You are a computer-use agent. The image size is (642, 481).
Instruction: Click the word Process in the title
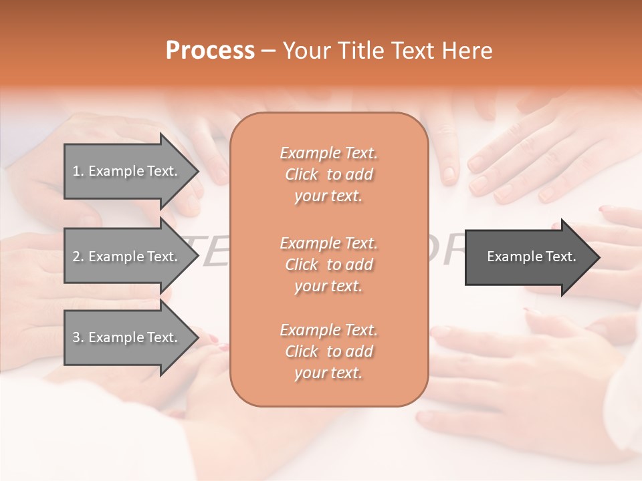click(x=210, y=51)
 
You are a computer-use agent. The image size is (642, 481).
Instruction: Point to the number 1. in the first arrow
click(x=78, y=171)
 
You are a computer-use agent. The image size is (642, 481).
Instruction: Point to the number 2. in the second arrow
click(x=78, y=257)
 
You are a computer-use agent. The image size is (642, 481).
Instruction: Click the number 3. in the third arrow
click(x=78, y=337)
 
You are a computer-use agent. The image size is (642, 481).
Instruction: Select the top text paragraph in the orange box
click(x=328, y=174)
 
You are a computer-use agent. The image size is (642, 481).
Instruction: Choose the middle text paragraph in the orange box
click(x=328, y=265)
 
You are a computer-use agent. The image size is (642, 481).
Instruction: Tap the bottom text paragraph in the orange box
click(x=328, y=351)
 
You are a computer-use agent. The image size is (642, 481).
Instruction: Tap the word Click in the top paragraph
click(x=302, y=174)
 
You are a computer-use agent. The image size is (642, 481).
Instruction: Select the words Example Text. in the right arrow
click(x=532, y=257)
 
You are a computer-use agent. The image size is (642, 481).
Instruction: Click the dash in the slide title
click(x=268, y=51)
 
